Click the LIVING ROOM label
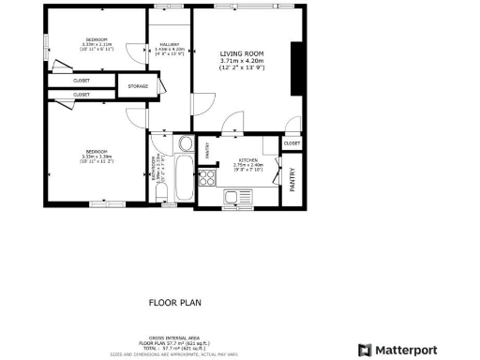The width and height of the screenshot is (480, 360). pos(243,54)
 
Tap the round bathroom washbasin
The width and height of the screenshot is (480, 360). pos(185,145)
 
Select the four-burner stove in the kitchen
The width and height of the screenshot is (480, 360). pos(206,177)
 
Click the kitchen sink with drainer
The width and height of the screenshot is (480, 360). pos(235,197)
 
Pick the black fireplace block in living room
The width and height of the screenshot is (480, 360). pos(296,68)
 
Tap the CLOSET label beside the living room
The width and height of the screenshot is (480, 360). pos(292,143)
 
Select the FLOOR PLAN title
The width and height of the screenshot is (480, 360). pos(173,303)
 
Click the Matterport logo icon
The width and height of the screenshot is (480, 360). pos(365,350)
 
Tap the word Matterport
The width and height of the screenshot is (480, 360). pos(407,350)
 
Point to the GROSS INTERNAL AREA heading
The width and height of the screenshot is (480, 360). pos(172,337)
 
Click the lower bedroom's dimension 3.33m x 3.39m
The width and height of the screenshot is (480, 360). pos(97,157)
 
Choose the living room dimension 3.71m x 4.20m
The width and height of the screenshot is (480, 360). pos(243,62)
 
